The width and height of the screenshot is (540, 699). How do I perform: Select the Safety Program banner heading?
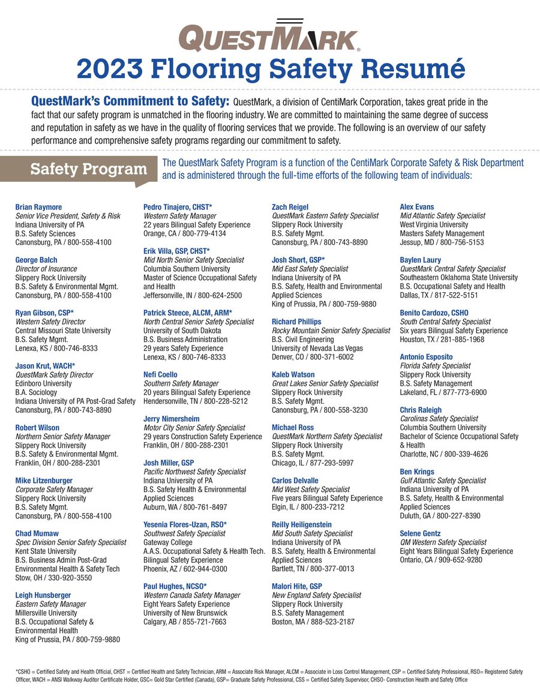tap(88, 169)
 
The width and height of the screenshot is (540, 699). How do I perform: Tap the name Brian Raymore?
tap(38, 207)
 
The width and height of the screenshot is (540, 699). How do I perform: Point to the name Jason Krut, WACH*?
tap(44, 365)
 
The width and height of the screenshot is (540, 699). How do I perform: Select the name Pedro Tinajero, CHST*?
tap(178, 207)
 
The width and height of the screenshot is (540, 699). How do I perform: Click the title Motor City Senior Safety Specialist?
tap(194, 428)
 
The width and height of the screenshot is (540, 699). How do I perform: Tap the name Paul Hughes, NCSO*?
tap(175, 586)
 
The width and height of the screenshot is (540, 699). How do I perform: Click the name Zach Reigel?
tap(290, 207)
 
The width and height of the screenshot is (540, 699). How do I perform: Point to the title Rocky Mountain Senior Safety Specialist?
tap(331, 331)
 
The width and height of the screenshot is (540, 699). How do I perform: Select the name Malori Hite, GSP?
tap(297, 586)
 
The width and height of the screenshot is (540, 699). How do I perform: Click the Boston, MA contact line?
tap(313, 622)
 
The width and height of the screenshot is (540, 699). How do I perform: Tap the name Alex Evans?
tap(416, 207)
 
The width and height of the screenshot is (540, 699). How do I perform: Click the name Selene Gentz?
tap(420, 533)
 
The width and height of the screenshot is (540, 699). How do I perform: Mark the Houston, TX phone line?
tap(442, 339)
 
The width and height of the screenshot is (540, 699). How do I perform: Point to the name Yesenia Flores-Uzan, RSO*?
tap(185, 524)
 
